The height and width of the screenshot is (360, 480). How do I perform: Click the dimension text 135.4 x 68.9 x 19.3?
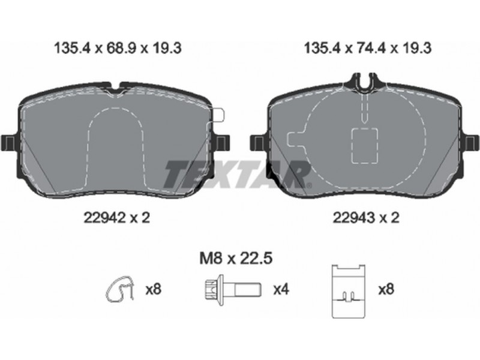(x=118, y=49)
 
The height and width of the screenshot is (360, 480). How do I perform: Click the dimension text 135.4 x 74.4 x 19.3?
(x=368, y=49)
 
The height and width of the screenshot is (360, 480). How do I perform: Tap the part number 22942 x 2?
(x=117, y=218)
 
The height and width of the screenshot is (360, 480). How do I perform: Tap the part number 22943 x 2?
(x=366, y=218)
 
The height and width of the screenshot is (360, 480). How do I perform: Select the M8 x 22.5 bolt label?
(x=236, y=259)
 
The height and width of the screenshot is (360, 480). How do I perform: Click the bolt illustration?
(x=233, y=289)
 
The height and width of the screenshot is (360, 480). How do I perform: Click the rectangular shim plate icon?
(x=349, y=291)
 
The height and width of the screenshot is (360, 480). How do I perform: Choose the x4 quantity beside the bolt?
(x=281, y=289)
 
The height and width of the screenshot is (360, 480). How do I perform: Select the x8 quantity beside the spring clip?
(x=153, y=289)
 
